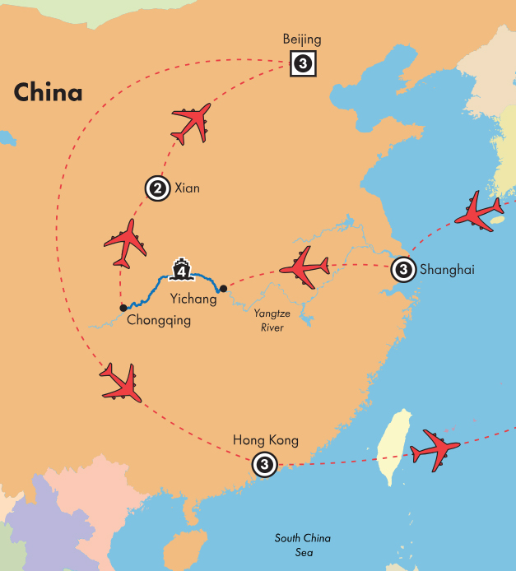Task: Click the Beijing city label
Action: pos(302,39)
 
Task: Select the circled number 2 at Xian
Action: pos(156,188)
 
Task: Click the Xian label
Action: pos(187,188)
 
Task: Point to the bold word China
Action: pos(48,91)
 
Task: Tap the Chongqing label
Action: pos(159,320)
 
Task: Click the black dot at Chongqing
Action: pos(123,308)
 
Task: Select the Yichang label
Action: pos(193,299)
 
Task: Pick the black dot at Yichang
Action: pos(223,289)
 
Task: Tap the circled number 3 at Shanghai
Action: pos(402,268)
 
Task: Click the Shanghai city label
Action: pos(447,268)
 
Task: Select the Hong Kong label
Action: pos(266,441)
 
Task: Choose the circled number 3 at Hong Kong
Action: pos(263,465)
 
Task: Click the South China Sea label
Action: pos(303,545)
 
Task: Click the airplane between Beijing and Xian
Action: pos(192,123)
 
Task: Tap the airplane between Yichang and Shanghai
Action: pos(304,265)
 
